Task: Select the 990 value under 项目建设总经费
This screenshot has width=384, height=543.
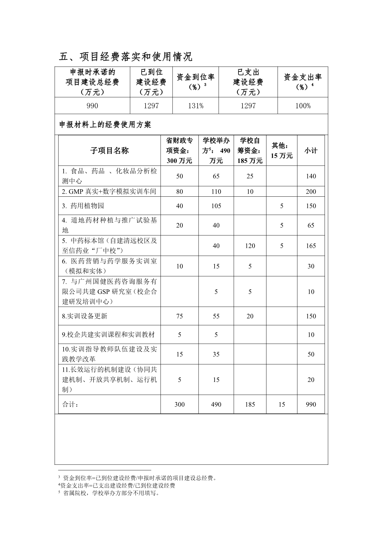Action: point(92,106)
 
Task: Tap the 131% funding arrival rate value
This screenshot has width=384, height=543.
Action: point(196,106)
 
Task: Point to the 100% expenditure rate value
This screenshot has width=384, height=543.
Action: point(303,106)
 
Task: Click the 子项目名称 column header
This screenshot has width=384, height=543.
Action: point(109,151)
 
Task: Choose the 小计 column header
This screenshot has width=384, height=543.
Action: point(311,151)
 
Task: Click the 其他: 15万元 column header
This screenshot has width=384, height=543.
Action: point(281,151)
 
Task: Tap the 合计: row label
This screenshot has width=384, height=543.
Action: point(71,405)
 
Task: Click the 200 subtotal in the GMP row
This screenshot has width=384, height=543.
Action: point(311,192)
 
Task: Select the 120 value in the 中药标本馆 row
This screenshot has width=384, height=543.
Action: point(250,246)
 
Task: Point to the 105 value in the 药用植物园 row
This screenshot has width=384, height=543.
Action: point(216,206)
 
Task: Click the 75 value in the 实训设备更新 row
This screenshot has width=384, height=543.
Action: point(180,316)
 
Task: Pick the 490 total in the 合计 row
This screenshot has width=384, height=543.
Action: point(216,405)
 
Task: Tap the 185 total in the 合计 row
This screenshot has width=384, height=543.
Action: point(250,405)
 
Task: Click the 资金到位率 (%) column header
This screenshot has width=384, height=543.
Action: point(196,81)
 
